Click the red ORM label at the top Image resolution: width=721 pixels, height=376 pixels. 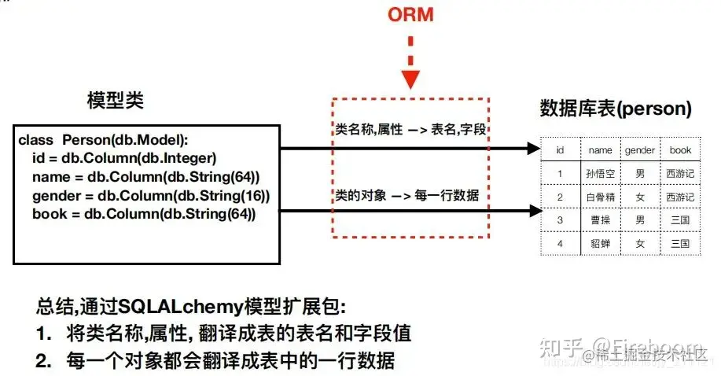click(x=410, y=15)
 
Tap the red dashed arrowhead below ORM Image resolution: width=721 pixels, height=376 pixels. click(x=410, y=79)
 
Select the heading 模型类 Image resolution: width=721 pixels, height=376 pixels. click(x=115, y=101)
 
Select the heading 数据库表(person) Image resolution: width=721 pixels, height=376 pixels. click(x=616, y=109)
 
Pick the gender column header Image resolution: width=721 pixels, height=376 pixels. click(x=639, y=149)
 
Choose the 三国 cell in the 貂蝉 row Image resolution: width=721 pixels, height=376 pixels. click(x=679, y=244)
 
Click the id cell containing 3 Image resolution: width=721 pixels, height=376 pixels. click(x=560, y=220)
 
